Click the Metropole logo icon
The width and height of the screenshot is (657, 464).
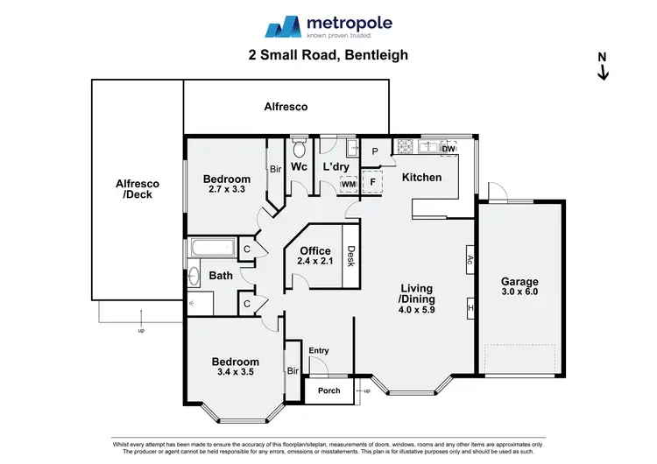283,26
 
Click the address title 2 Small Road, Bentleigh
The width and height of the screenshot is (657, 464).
328,55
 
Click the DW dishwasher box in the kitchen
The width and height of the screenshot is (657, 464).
449,149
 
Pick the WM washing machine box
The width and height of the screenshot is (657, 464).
348,184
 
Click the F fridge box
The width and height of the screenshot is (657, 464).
372,183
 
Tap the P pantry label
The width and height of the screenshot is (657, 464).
376,151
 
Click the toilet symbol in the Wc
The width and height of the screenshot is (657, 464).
299,146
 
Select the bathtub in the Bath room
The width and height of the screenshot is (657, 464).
211,249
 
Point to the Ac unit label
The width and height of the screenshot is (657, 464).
470,260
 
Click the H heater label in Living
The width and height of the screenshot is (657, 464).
470,308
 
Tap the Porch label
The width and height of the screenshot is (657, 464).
329,390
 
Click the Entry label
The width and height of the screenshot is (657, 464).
319,351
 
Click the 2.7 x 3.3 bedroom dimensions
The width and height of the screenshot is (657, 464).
227,189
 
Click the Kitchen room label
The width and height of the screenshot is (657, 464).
421,178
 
